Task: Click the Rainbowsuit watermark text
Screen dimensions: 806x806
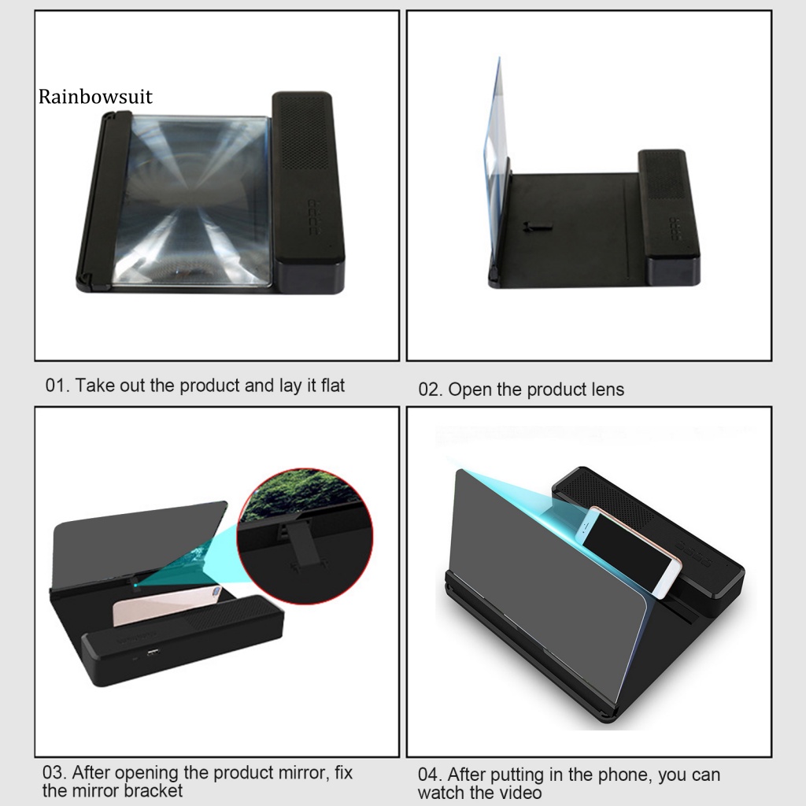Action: pos(95,97)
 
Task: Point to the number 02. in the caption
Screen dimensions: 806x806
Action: pos(430,390)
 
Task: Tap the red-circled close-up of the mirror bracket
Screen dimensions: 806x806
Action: pos(305,535)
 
